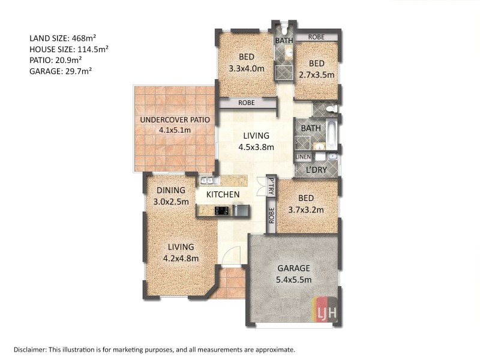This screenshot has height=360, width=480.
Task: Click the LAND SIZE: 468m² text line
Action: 63,38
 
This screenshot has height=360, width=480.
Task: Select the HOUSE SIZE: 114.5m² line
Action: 69,49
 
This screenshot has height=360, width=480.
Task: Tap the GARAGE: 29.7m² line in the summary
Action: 61,71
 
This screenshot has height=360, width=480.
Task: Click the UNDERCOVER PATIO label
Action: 175,119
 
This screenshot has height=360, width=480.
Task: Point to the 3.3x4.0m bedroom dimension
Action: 247,68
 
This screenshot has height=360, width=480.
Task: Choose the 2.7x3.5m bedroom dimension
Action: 317,75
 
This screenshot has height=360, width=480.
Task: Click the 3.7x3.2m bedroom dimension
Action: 306,210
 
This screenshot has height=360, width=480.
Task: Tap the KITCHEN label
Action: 223,194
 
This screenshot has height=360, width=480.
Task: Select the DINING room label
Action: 171,190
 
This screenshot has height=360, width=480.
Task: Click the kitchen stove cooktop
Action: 222,211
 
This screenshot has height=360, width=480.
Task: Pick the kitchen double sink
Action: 209,181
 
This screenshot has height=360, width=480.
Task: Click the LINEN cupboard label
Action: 303,157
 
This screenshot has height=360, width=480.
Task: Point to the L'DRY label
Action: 317,170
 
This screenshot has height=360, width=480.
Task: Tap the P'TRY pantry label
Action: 271,186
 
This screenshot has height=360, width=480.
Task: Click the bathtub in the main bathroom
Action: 332,134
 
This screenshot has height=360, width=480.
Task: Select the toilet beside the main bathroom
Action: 332,109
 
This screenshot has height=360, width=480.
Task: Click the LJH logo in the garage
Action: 325,309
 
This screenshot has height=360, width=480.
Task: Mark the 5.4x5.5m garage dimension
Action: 293,280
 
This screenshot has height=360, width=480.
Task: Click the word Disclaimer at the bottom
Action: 29,350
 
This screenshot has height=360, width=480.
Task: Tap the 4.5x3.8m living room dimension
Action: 256,147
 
